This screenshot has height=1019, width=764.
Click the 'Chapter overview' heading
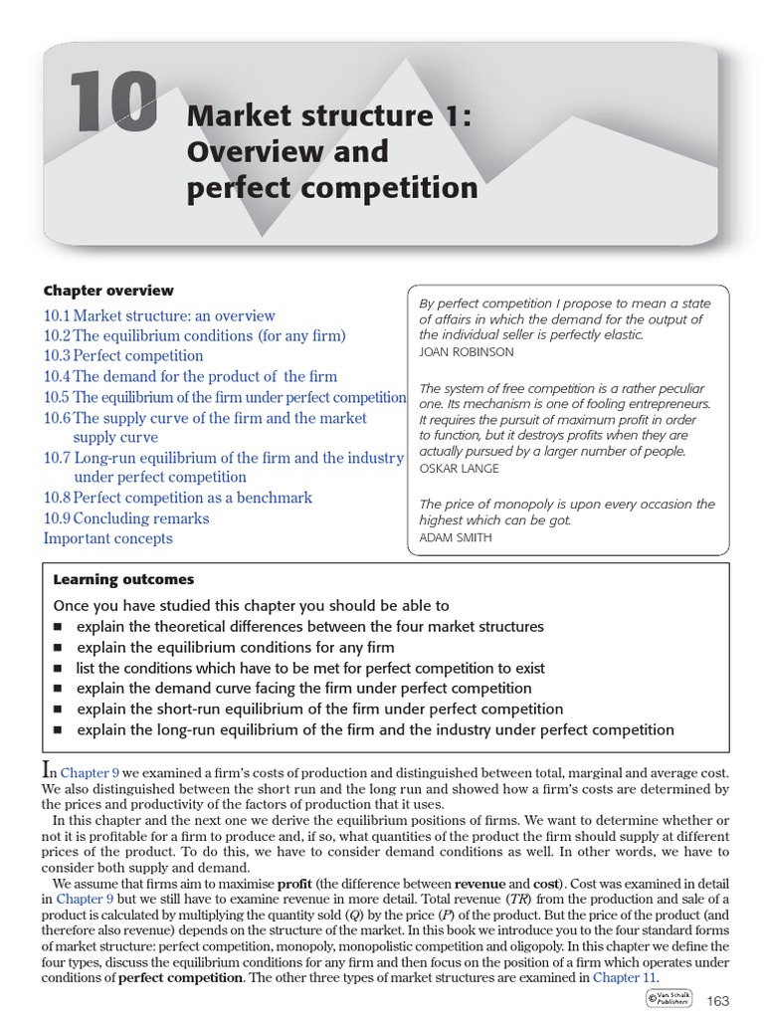108,291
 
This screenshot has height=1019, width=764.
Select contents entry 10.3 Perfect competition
123,355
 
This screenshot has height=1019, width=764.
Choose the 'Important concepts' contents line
107,538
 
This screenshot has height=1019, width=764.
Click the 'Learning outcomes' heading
123,579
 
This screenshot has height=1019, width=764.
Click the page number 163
717,999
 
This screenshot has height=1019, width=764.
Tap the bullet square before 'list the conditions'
58,669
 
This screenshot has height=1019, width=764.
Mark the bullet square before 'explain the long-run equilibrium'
58,730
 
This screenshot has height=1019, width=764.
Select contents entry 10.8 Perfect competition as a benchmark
178,498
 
